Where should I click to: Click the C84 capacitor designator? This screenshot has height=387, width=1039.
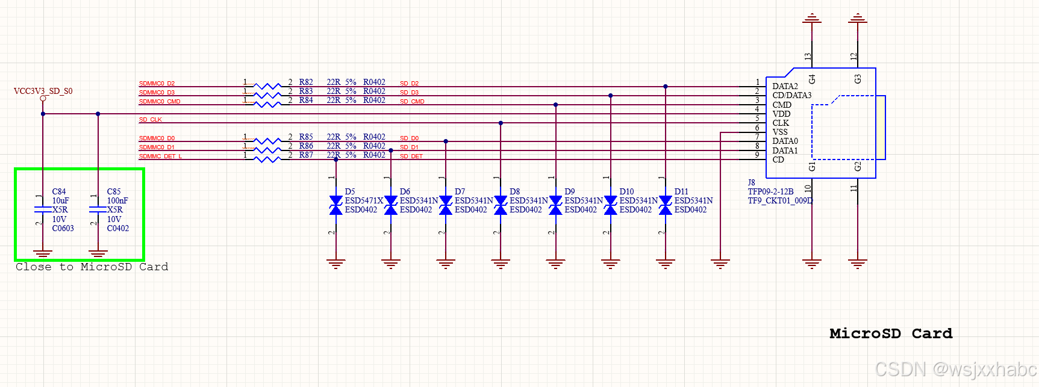tap(59, 191)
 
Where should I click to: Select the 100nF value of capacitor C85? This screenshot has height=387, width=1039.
tap(117, 200)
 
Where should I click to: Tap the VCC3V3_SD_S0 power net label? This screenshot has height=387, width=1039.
tap(43, 91)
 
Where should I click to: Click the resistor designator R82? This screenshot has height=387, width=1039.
tap(306, 82)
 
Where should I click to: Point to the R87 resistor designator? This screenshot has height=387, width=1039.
tap(306, 155)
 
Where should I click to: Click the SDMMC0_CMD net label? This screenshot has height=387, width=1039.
tap(160, 102)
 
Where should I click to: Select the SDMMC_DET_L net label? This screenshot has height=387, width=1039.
tap(160, 156)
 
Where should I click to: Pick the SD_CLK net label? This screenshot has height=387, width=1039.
tap(151, 120)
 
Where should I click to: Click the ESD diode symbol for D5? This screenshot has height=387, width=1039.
tap(336, 205)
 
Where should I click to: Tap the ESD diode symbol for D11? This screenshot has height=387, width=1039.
tap(666, 205)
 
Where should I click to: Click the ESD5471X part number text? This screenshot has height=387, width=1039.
tap(364, 200)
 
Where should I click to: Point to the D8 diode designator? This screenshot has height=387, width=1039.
tap(514, 191)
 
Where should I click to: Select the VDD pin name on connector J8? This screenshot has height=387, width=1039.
tap(781, 114)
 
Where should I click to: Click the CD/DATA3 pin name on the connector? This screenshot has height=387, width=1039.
tap(791, 95)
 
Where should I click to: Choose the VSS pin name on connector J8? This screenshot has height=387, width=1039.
tap(780, 132)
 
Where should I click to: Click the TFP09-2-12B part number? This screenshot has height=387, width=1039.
tap(770, 191)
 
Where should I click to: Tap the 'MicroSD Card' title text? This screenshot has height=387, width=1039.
tap(891, 333)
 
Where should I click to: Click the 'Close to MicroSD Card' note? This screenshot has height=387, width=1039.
tap(92, 267)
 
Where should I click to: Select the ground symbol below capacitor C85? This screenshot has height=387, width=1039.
tap(98, 253)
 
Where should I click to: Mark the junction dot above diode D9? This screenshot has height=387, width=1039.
tap(555, 105)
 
